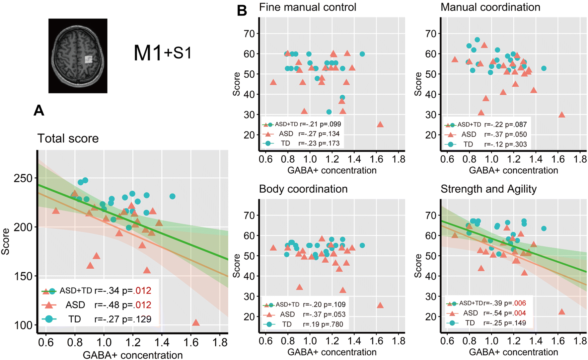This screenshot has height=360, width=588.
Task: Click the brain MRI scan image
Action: click(x=78, y=56)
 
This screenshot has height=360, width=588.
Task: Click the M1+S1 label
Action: click(x=163, y=53)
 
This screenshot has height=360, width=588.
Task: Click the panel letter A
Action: click(x=39, y=110)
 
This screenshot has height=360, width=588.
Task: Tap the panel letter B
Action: click(x=242, y=11)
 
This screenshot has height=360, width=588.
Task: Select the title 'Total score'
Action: click(x=68, y=138)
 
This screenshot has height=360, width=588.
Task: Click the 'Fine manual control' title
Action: click(x=308, y=7)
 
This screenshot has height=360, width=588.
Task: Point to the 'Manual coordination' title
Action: click(x=490, y=7)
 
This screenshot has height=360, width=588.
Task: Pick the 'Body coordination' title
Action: click(x=303, y=189)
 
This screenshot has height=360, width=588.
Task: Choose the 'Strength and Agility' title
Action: click(x=488, y=189)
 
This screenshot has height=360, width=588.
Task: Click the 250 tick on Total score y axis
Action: click(x=23, y=178)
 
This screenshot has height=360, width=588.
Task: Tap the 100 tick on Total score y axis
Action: click(x=23, y=325)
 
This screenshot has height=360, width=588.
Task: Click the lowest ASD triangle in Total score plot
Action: click(x=196, y=323)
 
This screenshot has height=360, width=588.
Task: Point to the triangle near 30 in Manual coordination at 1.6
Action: click(x=561, y=115)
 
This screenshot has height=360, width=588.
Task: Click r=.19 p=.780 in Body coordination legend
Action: click(x=323, y=324)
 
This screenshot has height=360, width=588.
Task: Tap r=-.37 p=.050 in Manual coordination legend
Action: click(x=505, y=135)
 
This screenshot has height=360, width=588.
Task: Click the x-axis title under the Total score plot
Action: click(x=133, y=355)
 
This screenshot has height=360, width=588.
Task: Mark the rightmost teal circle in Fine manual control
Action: click(x=362, y=54)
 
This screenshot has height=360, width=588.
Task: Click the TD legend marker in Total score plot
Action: click(x=49, y=319)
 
